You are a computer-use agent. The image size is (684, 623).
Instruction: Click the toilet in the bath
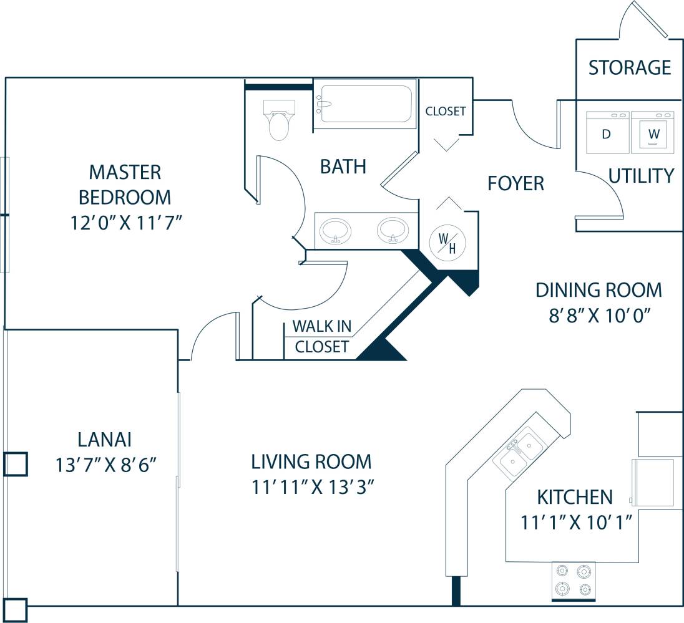point(278,121)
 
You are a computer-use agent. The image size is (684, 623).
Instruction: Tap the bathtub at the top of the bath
point(364,104)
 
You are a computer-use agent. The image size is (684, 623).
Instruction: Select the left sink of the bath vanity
point(335,231)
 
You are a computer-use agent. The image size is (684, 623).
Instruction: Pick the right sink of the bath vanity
point(393,229)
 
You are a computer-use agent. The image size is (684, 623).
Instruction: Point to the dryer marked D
point(607,133)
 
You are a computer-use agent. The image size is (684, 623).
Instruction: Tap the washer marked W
point(653,133)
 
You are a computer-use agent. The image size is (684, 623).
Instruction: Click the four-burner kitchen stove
point(574,580)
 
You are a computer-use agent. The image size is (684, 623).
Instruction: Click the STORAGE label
point(630,67)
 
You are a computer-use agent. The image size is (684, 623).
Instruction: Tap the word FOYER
point(515,183)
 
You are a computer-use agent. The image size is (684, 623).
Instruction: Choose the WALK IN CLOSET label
point(321,336)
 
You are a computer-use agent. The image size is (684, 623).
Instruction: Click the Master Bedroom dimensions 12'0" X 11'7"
point(125,223)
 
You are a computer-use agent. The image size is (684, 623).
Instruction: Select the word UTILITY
point(641,176)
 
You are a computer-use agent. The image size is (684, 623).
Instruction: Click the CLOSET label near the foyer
point(446,112)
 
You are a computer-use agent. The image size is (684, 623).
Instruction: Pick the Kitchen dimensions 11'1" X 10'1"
point(574,522)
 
